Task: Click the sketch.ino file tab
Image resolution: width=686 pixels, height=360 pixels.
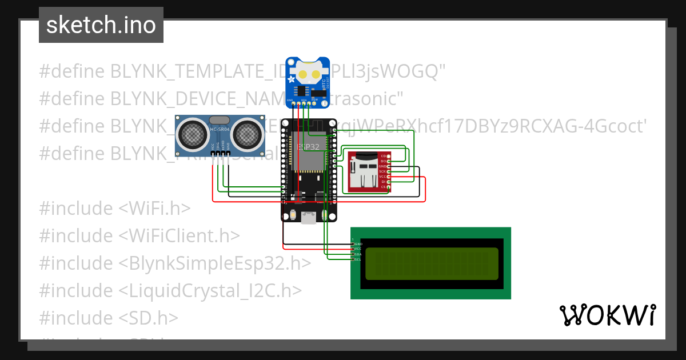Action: (x=101, y=26)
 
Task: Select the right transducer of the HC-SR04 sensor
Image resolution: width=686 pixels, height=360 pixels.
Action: (x=247, y=134)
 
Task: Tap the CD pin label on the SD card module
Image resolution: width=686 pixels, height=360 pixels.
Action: (x=384, y=156)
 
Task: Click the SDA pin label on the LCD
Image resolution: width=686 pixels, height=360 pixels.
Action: (x=357, y=254)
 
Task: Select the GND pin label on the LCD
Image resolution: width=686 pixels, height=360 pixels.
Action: (x=358, y=244)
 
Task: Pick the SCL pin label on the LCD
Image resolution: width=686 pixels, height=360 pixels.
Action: (x=357, y=259)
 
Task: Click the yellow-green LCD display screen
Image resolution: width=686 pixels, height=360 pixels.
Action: (x=431, y=263)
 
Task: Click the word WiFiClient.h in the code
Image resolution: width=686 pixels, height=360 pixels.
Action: (x=180, y=235)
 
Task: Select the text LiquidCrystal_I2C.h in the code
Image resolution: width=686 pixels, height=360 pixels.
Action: (x=210, y=290)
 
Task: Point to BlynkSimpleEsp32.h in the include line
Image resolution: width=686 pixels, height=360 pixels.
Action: (x=215, y=263)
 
